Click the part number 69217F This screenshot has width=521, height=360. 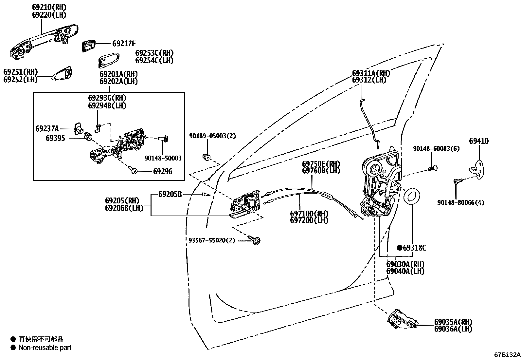[x=124, y=43]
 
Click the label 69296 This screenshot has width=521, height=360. [x=162, y=172]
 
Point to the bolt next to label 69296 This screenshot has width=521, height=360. [x=133, y=170]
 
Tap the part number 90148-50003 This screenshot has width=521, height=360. [x=163, y=158]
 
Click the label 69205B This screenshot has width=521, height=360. [x=170, y=194]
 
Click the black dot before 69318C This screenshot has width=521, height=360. [x=400, y=248]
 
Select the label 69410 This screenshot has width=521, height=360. [x=478, y=141]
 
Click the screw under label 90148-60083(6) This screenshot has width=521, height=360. [x=433, y=169]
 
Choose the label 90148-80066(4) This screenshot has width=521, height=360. [x=460, y=203]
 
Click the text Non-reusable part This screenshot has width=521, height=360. [x=45, y=348]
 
